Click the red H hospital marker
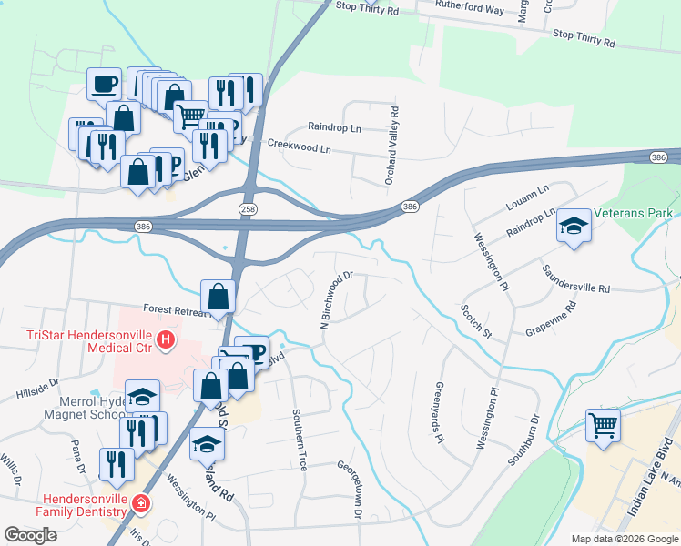(x=165, y=341)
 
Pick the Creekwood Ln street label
(x=299, y=145)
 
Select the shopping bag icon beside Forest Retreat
(x=219, y=297)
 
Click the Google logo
(x=31, y=534)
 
